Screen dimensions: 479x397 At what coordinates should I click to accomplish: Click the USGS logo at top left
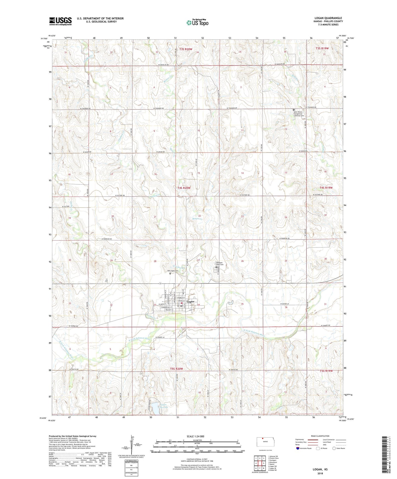point(60,21)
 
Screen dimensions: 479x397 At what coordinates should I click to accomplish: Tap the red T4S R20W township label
point(184,188)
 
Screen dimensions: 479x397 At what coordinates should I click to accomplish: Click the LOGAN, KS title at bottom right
point(320,469)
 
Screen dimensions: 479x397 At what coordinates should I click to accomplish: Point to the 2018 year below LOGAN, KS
point(320,473)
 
